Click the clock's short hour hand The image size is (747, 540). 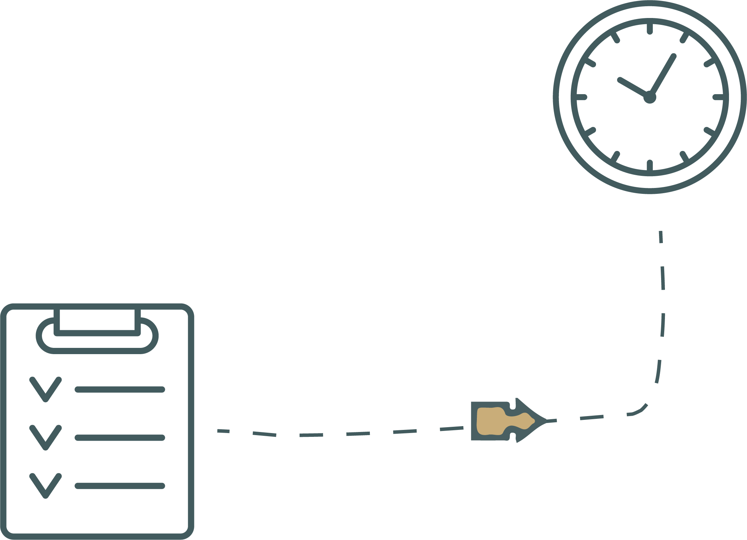(x=632, y=88)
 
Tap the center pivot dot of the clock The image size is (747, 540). (x=650, y=98)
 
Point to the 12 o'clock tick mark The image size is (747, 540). (x=650, y=29)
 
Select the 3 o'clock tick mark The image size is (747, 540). (x=718, y=98)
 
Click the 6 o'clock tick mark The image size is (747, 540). (x=650, y=165)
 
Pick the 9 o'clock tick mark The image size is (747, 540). (x=581, y=98)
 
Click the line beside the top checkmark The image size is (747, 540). (x=120, y=390)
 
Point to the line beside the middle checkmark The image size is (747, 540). (x=120, y=438)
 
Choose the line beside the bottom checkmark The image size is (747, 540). (x=120, y=486)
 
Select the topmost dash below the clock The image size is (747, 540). (x=661, y=237)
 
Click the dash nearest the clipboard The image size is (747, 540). (x=223, y=431)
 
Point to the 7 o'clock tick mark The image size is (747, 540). (x=615, y=157)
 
